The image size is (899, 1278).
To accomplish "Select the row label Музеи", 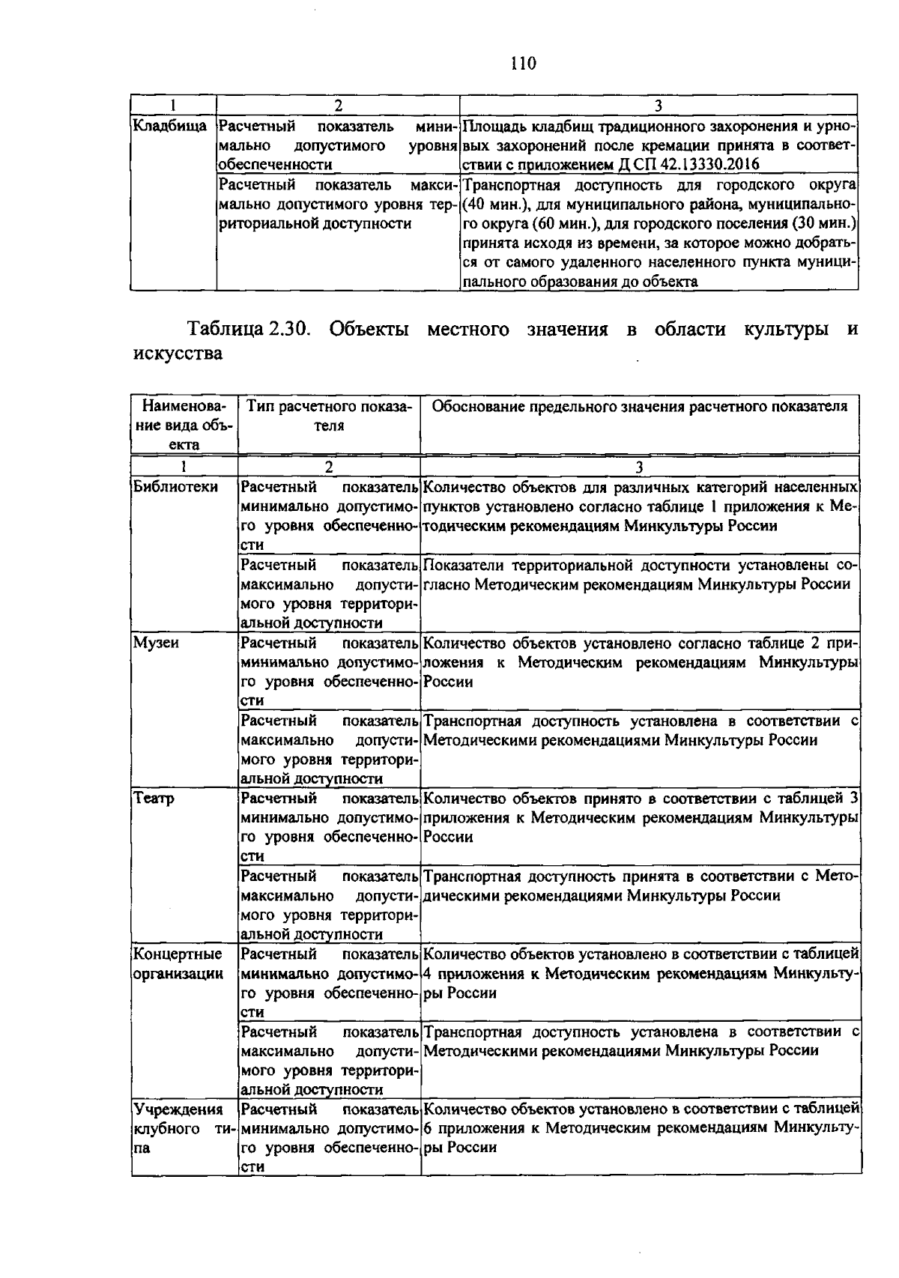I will point(156,643).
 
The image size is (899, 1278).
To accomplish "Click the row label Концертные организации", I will point(178,964).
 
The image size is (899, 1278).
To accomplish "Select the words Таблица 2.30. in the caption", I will point(248,330).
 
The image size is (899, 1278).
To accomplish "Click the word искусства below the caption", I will point(178,354).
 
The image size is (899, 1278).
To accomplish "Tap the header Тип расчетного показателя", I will point(329,416).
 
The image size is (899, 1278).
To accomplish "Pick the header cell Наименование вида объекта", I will point(184,425).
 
